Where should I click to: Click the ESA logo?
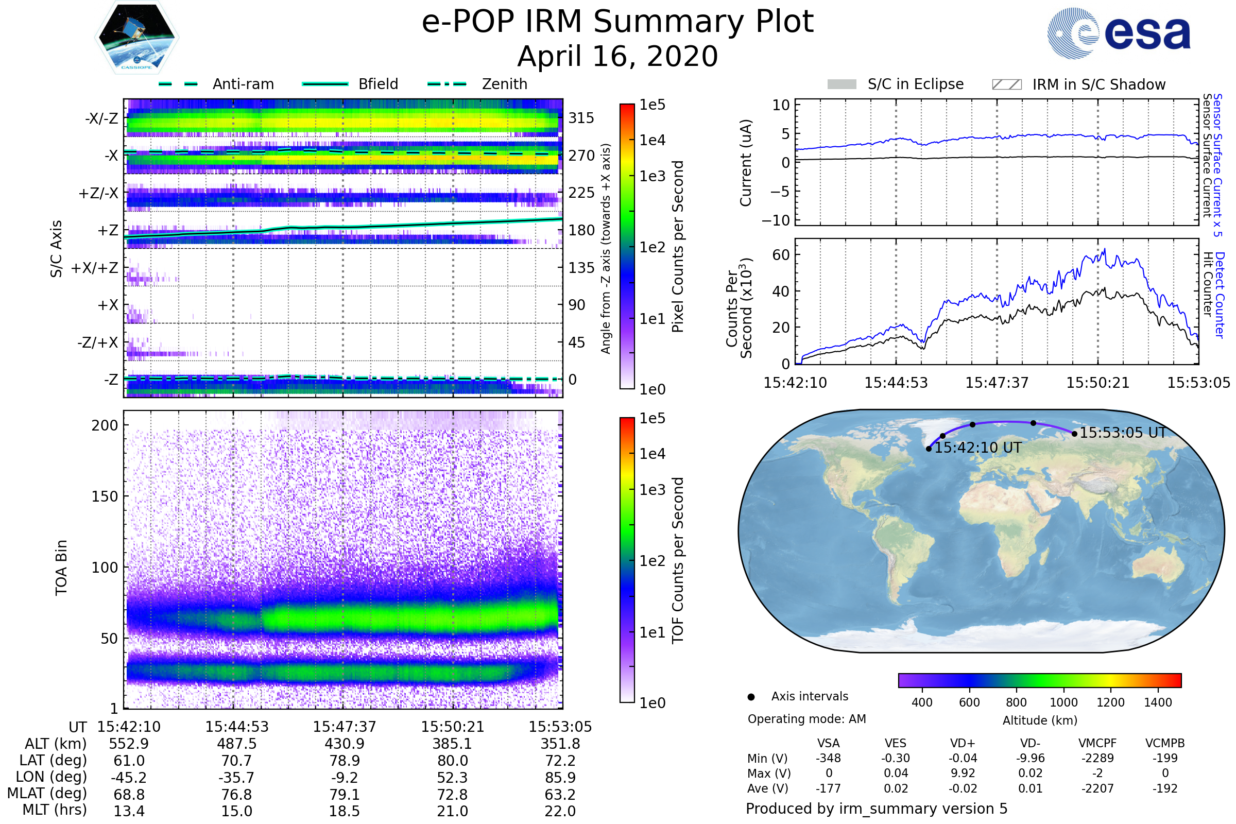[x=1118, y=32]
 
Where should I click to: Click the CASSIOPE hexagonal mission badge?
[x=136, y=37]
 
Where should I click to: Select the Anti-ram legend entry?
[x=216, y=84]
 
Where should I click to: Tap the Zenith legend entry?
[x=477, y=84]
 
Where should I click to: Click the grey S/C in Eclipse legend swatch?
[x=842, y=84]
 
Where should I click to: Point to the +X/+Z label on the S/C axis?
[x=95, y=268]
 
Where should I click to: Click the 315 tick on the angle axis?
[x=581, y=118]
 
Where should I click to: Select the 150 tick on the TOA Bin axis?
[x=105, y=496]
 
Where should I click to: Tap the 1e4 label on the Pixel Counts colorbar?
[x=652, y=140]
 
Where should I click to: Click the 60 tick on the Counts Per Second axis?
[x=780, y=255]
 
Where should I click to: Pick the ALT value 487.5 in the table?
[x=236, y=744]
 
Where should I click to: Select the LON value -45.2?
[x=129, y=778]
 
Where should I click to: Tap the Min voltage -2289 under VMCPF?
[x=1097, y=758]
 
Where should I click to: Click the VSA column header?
[x=828, y=744]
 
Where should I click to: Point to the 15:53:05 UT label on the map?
[x=1123, y=433]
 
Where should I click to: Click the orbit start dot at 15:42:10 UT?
[x=929, y=449]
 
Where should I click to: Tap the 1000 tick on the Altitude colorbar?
[x=1063, y=702]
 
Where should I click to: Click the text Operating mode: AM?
[x=806, y=719]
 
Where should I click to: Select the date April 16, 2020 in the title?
[x=617, y=56]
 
